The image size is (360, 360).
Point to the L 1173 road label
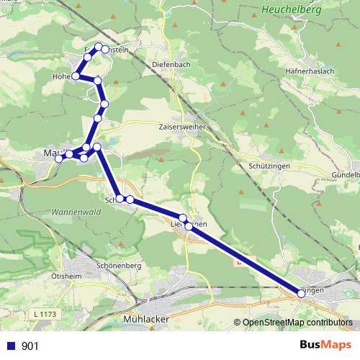(45, 315)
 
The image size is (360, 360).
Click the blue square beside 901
(9, 346)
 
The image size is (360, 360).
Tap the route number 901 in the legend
(30, 346)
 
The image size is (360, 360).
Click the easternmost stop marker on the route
(302, 293)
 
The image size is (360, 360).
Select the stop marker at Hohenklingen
(76, 75)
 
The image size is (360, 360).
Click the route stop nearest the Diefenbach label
(105, 50)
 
